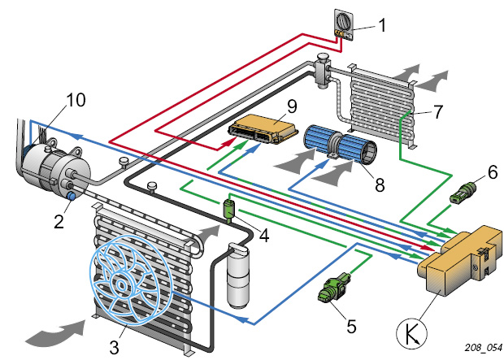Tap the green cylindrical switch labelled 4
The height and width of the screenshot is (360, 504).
tap(229, 210)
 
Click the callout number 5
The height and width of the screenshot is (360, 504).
tap(350, 327)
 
